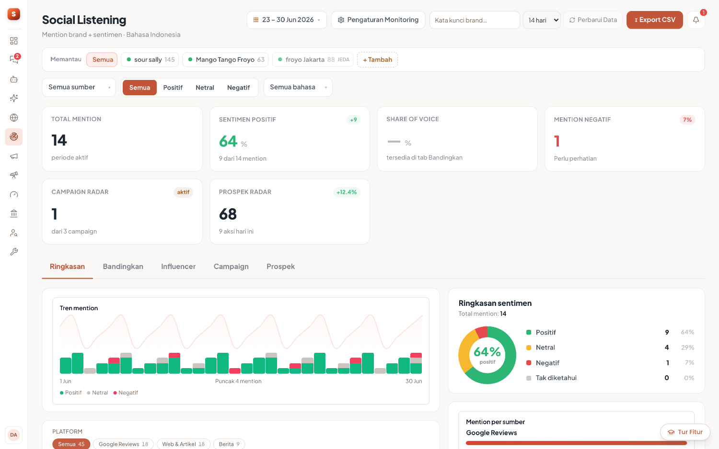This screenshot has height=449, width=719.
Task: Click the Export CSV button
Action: click(x=654, y=20)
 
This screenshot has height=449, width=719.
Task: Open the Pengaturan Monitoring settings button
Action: click(x=378, y=20)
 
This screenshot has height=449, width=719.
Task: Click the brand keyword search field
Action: click(x=475, y=20)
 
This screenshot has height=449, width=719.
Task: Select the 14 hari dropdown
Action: click(x=542, y=20)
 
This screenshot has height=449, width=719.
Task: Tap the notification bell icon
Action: click(x=696, y=20)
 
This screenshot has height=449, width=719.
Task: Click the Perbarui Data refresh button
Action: click(x=593, y=20)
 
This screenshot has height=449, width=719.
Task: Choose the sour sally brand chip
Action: click(x=150, y=60)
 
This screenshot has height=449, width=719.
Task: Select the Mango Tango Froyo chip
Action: click(x=225, y=60)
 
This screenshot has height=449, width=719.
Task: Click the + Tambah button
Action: click(x=378, y=60)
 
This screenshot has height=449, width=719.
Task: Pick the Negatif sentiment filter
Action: click(x=238, y=88)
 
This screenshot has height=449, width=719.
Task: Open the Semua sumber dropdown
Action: click(x=79, y=87)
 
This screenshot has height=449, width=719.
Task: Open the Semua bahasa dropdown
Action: click(x=298, y=87)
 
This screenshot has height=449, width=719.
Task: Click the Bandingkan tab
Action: click(x=123, y=266)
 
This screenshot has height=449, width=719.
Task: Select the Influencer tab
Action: click(x=178, y=266)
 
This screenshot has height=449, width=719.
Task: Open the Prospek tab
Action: click(x=280, y=266)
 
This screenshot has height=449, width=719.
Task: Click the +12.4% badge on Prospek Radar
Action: click(x=347, y=192)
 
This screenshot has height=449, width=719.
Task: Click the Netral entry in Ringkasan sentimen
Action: click(x=545, y=348)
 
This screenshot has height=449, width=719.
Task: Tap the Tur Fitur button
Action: click(x=685, y=432)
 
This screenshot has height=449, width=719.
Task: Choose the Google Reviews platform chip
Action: click(x=123, y=444)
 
